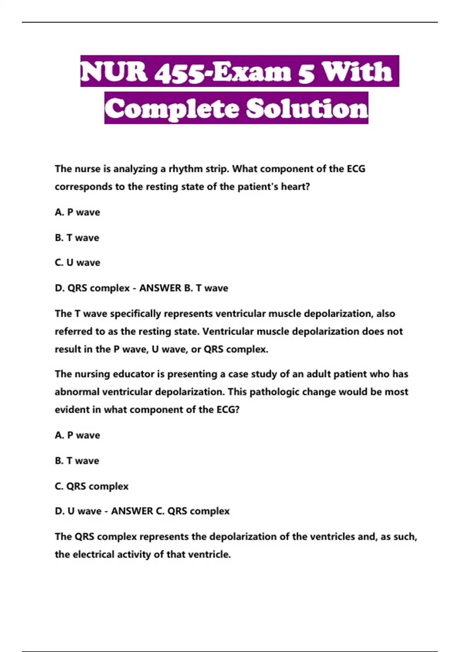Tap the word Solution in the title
pyautogui.click(x=307, y=109)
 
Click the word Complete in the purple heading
pyautogui.click(x=172, y=109)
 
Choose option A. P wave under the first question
pyautogui.click(x=77, y=212)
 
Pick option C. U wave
pyautogui.click(x=77, y=263)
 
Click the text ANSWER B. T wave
pyautogui.click(x=184, y=288)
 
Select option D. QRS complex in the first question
pyautogui.click(x=92, y=288)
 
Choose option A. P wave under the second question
pyautogui.click(x=77, y=435)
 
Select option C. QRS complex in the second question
pyautogui.click(x=92, y=486)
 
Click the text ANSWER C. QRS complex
pyautogui.click(x=170, y=511)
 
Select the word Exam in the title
pyautogui.click(x=251, y=72)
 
